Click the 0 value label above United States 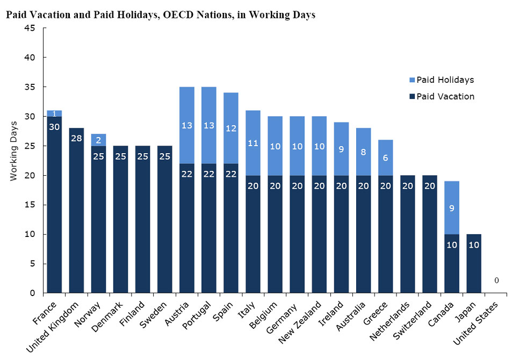coord(496,280)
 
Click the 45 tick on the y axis coord(31,28)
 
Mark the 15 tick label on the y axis coord(31,205)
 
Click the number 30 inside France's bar coord(54,127)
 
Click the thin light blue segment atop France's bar coord(54,113)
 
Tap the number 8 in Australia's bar coord(363,152)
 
